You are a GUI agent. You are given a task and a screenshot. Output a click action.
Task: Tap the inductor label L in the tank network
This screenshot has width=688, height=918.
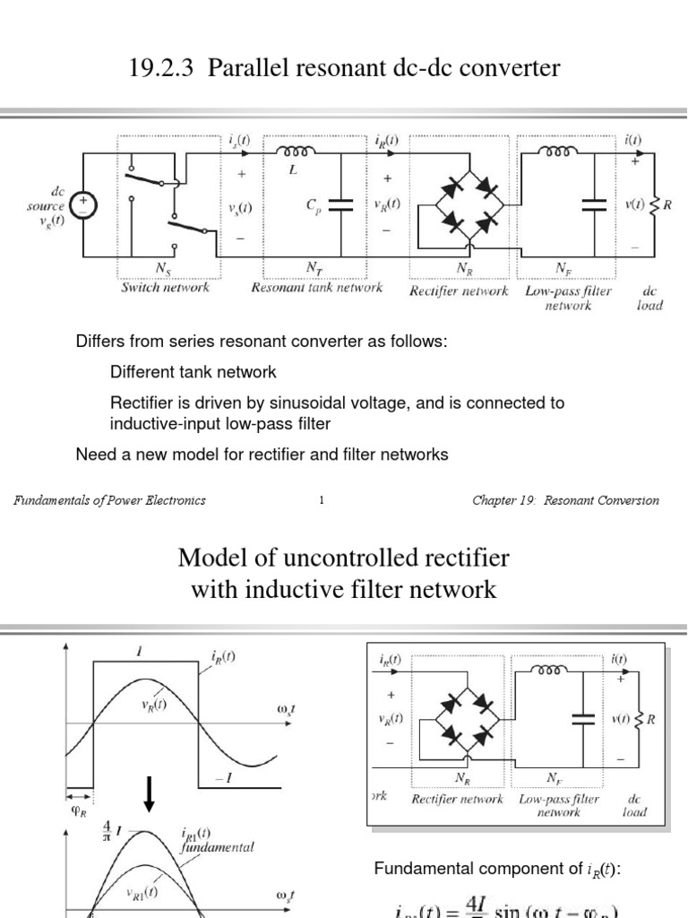[x=293, y=169]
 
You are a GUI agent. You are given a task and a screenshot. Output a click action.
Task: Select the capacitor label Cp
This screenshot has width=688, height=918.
[x=312, y=205]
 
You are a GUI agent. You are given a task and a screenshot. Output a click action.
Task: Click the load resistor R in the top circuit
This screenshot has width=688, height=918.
[x=657, y=204]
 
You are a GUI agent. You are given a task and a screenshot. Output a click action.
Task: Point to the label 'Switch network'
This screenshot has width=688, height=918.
[x=166, y=289]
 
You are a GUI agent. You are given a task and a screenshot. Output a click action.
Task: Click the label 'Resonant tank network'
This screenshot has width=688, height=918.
[x=317, y=289]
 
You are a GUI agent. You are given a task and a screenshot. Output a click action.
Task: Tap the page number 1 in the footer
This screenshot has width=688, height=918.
[x=321, y=501]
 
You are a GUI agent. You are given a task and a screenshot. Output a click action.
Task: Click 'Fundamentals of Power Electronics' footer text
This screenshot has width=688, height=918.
[x=109, y=501]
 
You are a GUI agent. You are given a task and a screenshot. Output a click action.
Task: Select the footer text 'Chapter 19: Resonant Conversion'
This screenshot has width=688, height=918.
[x=565, y=501]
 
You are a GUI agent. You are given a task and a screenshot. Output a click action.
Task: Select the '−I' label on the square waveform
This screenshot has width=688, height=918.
[x=224, y=778]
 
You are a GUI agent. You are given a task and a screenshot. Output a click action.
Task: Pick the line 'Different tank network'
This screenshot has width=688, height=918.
[x=193, y=372]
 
